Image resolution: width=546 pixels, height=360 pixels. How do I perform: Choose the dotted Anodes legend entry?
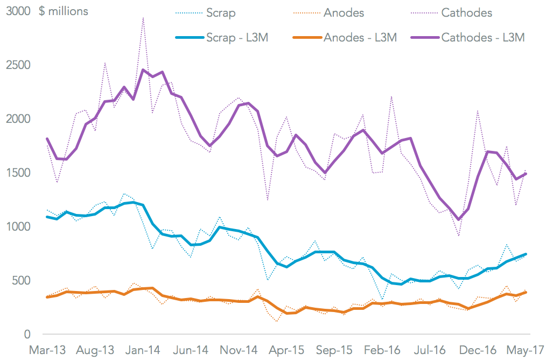pyautogui.click(x=343, y=12)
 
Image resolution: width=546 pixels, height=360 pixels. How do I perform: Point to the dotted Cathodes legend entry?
pyautogui.click(x=466, y=12)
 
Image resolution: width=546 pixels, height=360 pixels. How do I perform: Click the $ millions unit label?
pyautogui.click(x=64, y=11)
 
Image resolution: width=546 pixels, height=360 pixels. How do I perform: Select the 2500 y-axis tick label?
pyautogui.click(x=18, y=65)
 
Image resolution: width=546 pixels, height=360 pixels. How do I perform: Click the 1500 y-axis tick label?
pyautogui.click(x=18, y=173)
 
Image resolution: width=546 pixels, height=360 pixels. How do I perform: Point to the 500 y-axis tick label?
pyautogui.click(x=22, y=281)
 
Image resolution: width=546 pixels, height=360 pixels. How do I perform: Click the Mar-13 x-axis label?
pyautogui.click(x=48, y=350)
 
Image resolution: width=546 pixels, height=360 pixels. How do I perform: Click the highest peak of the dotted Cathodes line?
pyautogui.click(x=143, y=18)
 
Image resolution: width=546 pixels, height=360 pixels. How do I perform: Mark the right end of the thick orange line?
pyautogui.click(x=526, y=292)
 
